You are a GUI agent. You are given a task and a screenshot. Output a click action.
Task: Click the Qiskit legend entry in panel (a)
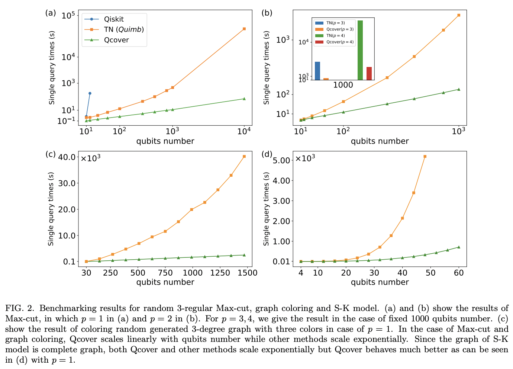point(113,19)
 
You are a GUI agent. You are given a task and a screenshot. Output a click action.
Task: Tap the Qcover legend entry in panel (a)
point(116,40)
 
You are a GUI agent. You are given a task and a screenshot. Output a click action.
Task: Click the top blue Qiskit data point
point(90,93)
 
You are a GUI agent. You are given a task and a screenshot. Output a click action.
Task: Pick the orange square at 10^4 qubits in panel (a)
point(244,29)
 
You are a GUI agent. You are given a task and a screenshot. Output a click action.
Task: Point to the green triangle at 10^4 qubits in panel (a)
point(244,99)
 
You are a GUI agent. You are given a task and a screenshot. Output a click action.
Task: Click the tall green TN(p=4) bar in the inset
point(360,50)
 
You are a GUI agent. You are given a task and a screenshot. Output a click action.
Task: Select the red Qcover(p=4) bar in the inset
point(369,73)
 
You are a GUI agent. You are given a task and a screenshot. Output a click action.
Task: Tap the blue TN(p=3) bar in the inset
point(317,71)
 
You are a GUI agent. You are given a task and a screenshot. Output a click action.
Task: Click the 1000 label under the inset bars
point(343,85)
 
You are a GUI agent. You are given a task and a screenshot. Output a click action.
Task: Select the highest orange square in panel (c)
point(244,157)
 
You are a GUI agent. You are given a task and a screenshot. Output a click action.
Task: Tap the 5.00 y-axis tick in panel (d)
point(282,160)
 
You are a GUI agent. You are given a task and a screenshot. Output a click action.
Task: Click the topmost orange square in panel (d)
point(425,157)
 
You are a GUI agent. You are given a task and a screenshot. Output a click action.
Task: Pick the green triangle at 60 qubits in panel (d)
point(459,247)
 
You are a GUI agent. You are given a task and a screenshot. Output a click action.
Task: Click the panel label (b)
point(267,13)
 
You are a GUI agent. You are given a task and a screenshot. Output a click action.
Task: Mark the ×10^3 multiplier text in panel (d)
point(305,158)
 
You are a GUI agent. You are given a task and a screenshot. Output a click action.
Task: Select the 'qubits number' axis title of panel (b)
point(380,141)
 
